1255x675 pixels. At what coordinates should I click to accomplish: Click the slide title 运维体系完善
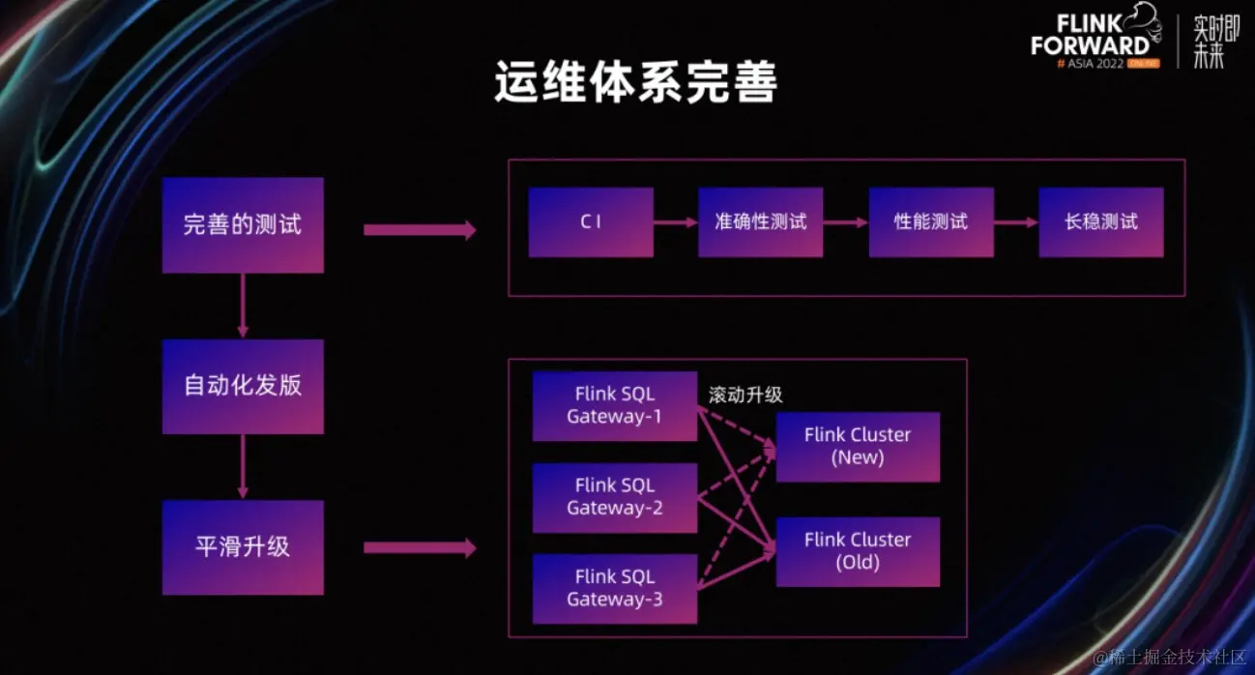[x=635, y=85]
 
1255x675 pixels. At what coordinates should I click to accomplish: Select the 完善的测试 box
[x=243, y=225]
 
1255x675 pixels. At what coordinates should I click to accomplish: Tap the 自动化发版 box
[x=243, y=386]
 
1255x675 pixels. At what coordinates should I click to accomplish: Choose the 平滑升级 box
[x=243, y=546]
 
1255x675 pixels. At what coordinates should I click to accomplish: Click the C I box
[x=591, y=222]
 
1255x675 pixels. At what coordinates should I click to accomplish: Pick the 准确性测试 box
[x=761, y=222]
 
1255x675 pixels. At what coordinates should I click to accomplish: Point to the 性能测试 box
[x=931, y=222]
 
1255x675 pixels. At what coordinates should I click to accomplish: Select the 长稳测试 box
[x=1101, y=222]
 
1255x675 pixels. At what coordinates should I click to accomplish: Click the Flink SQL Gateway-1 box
[x=615, y=406]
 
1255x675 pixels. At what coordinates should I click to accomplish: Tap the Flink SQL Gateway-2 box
[x=615, y=497]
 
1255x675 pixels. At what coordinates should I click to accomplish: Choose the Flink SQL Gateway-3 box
[x=615, y=588]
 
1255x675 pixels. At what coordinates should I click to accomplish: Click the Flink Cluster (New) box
[x=858, y=446]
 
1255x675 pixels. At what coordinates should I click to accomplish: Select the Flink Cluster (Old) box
[x=858, y=551]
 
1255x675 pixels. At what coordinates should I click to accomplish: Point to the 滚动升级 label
[x=745, y=395]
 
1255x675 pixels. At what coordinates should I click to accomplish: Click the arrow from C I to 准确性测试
[x=676, y=222]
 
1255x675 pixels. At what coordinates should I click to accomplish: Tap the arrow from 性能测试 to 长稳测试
[x=1016, y=222]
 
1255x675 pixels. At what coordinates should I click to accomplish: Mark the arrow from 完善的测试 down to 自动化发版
[x=243, y=306]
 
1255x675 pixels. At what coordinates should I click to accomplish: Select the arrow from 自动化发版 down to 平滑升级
[x=243, y=466]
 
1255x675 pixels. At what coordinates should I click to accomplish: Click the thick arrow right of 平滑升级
[x=420, y=548]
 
